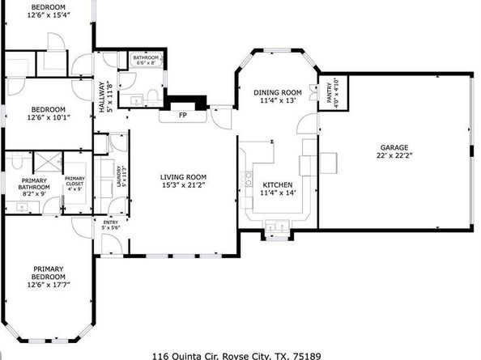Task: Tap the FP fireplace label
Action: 184,116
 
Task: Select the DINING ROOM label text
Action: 277,91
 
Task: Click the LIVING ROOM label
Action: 183,177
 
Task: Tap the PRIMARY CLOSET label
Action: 74,182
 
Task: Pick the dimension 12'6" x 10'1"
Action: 49,116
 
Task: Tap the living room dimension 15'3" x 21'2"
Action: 183,185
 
